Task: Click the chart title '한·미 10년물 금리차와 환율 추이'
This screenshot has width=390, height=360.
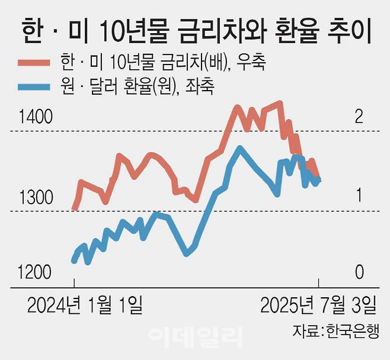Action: [196, 29]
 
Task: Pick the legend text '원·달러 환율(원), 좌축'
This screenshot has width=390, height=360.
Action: [137, 87]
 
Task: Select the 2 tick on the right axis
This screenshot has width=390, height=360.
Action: [358, 117]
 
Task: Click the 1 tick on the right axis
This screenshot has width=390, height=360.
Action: [358, 197]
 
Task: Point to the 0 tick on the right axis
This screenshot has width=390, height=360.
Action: [358, 273]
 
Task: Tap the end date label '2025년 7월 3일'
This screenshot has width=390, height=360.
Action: [319, 306]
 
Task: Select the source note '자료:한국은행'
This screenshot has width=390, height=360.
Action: [335, 331]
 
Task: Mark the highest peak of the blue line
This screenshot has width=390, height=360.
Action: [239, 148]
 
